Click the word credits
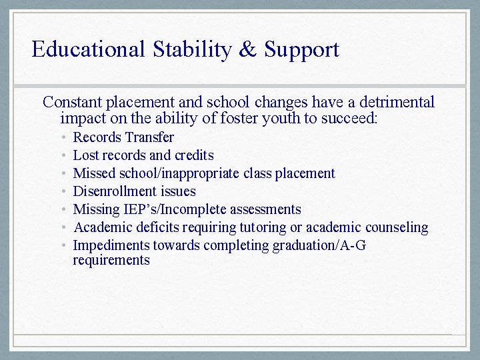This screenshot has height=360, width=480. click(x=194, y=155)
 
